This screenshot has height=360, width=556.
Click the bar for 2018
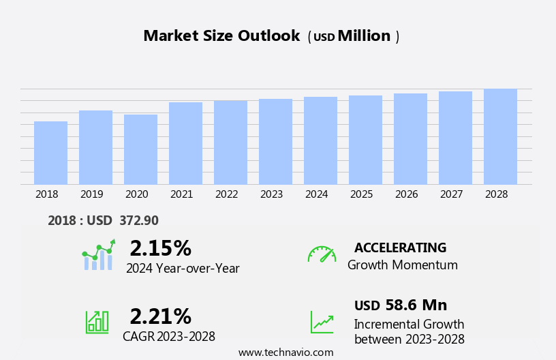click(50, 153)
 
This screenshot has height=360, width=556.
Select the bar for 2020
click(140, 149)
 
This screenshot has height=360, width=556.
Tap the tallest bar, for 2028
click(500, 136)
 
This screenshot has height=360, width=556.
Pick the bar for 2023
click(275, 142)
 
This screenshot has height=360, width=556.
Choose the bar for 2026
click(410, 139)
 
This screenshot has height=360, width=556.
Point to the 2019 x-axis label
click(92, 194)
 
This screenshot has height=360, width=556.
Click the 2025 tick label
click(362, 194)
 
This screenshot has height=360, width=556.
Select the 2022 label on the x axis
click(227, 194)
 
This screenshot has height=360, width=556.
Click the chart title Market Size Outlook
click(221, 36)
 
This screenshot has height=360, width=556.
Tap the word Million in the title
click(364, 36)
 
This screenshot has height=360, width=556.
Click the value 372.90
click(139, 221)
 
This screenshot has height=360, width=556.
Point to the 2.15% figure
click(160, 248)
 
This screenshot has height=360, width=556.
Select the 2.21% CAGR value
click(160, 316)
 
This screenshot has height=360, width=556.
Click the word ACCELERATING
click(400, 248)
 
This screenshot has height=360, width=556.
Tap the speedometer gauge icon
click(322, 255)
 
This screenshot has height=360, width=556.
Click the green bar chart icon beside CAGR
click(97, 321)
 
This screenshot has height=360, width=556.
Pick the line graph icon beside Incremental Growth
click(322, 322)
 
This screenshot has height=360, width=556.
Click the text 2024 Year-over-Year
click(183, 269)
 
